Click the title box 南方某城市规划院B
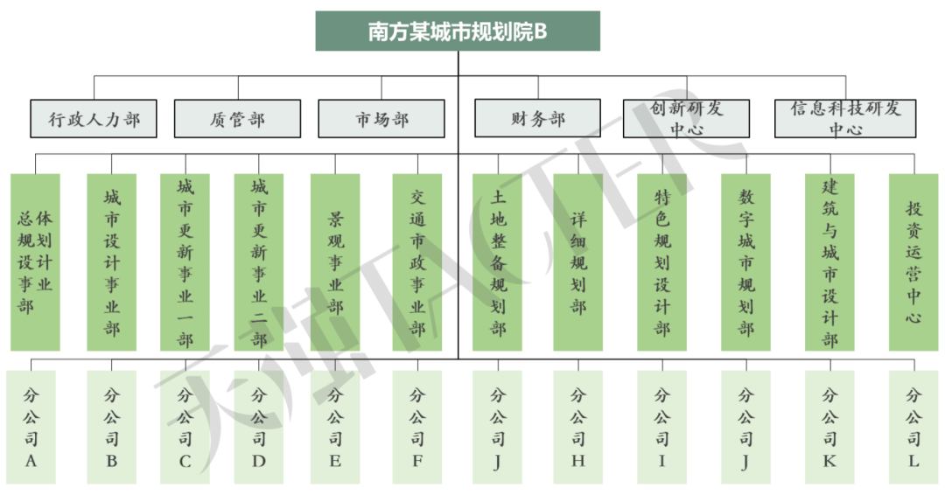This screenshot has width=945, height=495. [458, 31]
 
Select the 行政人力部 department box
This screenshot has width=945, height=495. [94, 118]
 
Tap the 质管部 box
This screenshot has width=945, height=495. [237, 118]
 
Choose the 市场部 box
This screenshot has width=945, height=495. [381, 118]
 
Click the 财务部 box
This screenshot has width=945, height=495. [537, 118]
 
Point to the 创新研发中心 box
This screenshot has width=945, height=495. [686, 118]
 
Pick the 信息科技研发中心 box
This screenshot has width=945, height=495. [844, 118]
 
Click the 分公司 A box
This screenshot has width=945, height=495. [31, 427]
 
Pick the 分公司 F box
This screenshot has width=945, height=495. [417, 427]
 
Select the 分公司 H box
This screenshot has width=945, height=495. [577, 427]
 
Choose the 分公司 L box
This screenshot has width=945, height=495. [913, 427]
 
